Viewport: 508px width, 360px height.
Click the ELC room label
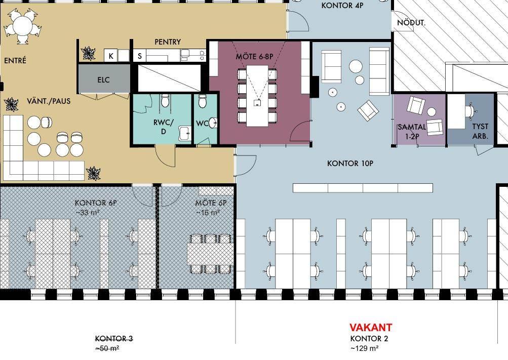tap(103, 79)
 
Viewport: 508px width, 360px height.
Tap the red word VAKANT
tap(371, 327)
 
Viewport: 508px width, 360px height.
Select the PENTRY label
tap(168, 42)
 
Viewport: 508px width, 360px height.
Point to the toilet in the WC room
tap(203, 102)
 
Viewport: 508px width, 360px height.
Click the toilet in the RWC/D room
tap(165, 101)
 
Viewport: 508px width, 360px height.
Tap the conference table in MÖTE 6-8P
tap(257, 96)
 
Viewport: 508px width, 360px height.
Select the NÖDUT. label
tap(411, 23)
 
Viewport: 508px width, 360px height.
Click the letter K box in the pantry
tap(111, 56)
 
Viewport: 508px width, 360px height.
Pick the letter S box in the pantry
tap(140, 56)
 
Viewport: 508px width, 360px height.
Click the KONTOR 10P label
tap(350, 164)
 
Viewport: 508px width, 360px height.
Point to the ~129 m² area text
tap(365, 349)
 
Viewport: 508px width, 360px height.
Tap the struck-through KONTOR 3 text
tap(114, 339)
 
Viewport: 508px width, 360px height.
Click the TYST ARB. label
tap(480, 131)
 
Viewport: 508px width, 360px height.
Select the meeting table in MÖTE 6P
tap(210, 254)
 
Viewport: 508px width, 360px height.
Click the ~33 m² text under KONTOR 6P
tap(88, 213)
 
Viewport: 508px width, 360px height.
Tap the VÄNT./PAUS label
tap(49, 101)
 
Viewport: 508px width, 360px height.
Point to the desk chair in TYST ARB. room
tap(470, 111)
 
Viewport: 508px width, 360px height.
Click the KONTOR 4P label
tap(342, 5)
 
